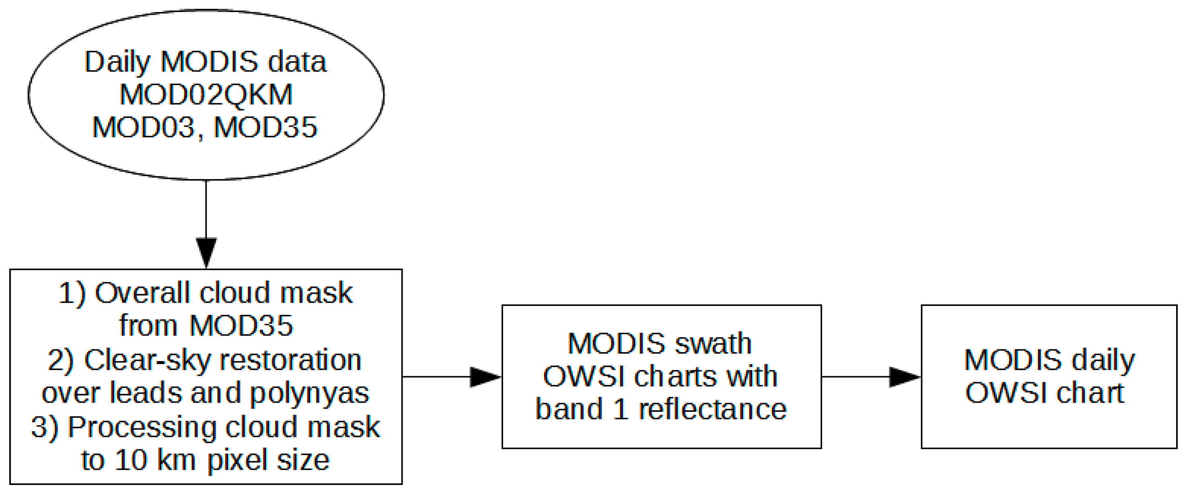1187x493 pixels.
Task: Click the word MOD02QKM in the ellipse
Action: (206, 95)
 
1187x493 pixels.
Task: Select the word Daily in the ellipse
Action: (117, 63)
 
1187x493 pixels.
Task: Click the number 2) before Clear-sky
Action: (60, 360)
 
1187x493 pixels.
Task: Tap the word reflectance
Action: (712, 409)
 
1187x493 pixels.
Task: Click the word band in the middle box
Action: (569, 409)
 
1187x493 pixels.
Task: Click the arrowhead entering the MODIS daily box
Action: (905, 377)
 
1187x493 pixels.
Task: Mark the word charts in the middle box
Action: (675, 377)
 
